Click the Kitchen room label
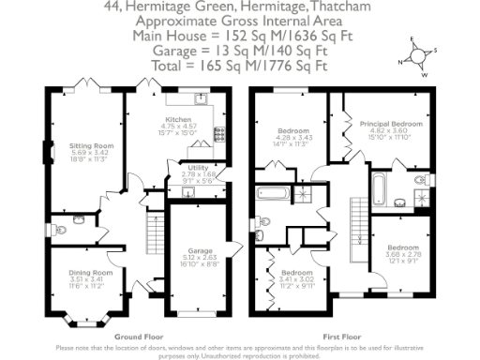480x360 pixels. click(x=179, y=121)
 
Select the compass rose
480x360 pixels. click(x=414, y=54)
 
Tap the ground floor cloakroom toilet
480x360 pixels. click(x=76, y=222)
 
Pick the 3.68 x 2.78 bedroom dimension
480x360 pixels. click(x=400, y=254)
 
